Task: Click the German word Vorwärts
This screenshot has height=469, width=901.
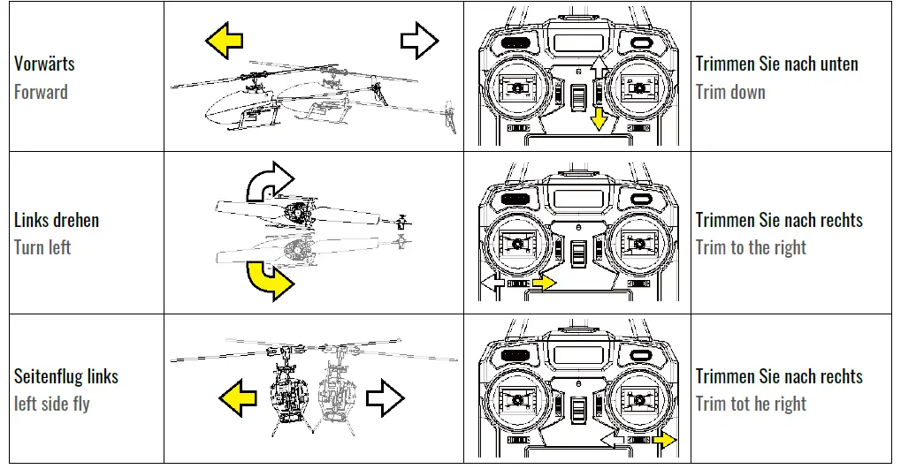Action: point(44,64)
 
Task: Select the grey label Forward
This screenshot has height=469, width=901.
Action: point(41,92)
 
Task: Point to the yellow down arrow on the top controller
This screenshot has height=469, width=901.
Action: point(599,117)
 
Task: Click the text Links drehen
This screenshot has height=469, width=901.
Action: point(57,220)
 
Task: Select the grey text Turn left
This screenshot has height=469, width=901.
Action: point(42,247)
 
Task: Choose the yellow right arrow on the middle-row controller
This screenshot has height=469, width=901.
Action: point(545,283)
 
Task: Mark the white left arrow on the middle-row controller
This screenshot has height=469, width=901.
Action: point(493,283)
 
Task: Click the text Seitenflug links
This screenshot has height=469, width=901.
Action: point(66,376)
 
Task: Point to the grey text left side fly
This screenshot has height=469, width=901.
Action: point(52,405)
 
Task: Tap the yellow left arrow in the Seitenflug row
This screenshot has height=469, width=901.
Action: point(237,397)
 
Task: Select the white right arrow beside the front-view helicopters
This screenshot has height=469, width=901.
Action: point(386,397)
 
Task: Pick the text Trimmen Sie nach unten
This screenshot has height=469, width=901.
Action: point(777,64)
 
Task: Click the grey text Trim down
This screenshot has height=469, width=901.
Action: point(730,92)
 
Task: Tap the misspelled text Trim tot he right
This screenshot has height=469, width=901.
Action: point(751,405)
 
